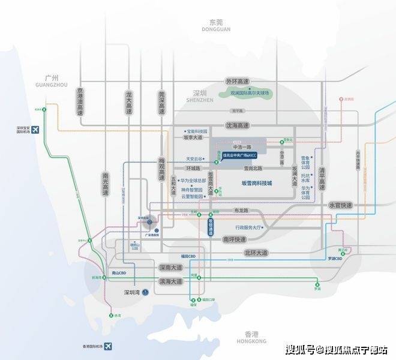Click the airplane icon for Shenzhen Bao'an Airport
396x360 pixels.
(x=34, y=129)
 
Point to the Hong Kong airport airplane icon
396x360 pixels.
(x=109, y=346)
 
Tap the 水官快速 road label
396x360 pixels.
(x=341, y=205)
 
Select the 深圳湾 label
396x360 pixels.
(x=134, y=292)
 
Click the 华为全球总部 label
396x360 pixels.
(x=194, y=178)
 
